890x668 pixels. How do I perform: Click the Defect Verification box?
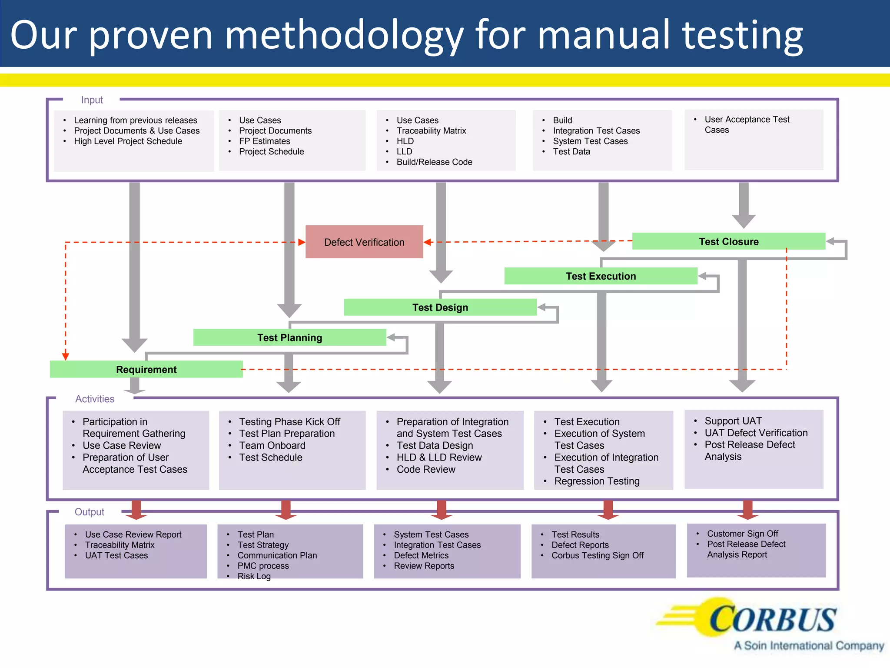[x=364, y=242]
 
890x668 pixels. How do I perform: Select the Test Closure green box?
[x=728, y=241]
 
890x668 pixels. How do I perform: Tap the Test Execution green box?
[x=601, y=276]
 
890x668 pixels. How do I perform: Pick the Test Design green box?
[x=440, y=307]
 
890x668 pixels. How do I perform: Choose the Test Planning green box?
[x=289, y=337]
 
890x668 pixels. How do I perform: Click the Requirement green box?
[x=146, y=369]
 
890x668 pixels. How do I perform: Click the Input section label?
[x=92, y=100]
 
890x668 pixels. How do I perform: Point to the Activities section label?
[x=95, y=399]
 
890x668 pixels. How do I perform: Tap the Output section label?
[x=90, y=512]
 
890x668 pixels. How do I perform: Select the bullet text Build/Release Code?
[x=434, y=162]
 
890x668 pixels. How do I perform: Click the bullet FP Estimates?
[x=264, y=141]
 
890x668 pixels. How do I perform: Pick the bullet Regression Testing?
[x=597, y=481]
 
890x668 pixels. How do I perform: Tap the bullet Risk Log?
[x=254, y=576]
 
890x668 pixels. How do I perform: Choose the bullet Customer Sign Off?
[x=742, y=534]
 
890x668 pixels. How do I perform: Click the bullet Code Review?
[x=426, y=469]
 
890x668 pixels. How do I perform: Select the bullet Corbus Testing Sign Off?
[x=598, y=555]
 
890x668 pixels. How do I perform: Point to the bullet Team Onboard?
[x=272, y=445]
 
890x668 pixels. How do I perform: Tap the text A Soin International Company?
[x=809, y=646]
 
